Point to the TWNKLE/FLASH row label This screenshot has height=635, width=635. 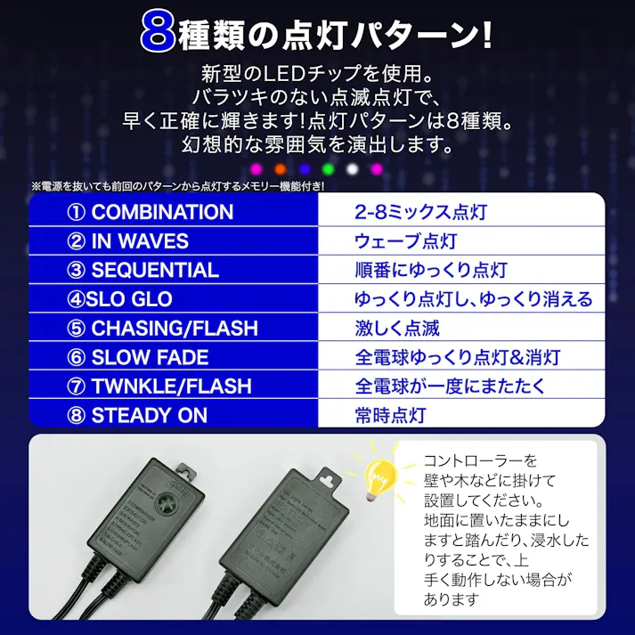point(159,387)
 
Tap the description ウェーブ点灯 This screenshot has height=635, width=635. point(405,241)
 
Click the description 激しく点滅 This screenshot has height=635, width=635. point(397,329)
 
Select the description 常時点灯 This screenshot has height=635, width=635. point(390,416)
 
